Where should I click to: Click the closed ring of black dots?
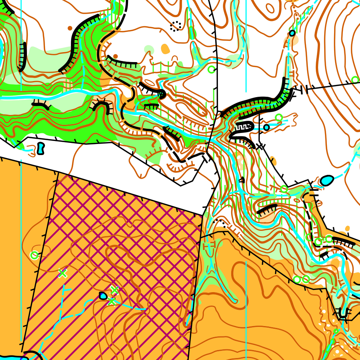(x=176, y=26)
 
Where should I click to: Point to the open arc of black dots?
(x=220, y=222)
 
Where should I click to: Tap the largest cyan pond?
(x=326, y=180)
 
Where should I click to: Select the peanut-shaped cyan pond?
(x=41, y=148)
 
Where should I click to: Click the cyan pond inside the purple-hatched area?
(x=103, y=295)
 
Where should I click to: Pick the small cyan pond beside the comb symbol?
(x=266, y=127)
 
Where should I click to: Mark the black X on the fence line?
(x=259, y=146)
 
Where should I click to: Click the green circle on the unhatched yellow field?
(x=34, y=255)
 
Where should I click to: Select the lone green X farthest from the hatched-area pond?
(x=62, y=273)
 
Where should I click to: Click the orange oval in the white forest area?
(x=165, y=49)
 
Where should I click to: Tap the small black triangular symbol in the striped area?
(x=241, y=180)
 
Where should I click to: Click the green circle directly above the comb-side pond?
(x=279, y=117)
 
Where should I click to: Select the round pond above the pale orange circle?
(x=292, y=33)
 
